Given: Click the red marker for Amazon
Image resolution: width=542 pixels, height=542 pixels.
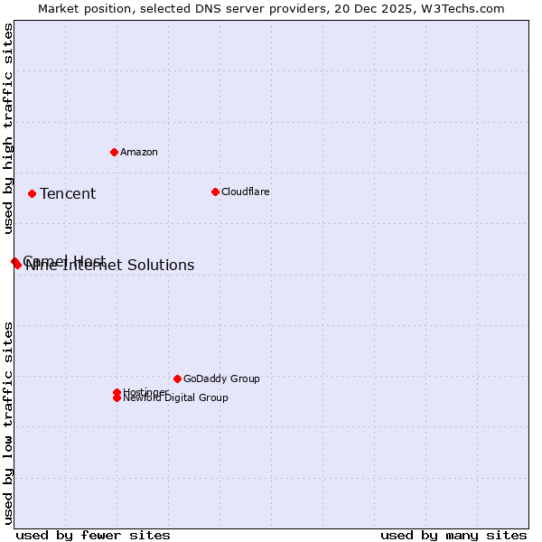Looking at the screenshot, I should point(114,152).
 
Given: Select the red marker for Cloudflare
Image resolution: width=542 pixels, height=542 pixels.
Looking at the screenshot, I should point(215,192).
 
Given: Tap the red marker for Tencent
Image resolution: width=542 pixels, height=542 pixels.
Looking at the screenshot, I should point(32,193).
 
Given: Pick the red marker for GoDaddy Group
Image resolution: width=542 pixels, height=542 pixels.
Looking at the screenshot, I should point(177,378).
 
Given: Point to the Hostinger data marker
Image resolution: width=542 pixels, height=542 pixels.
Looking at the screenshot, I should point(117,392).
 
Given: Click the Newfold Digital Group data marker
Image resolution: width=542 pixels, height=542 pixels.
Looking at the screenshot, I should point(117,397).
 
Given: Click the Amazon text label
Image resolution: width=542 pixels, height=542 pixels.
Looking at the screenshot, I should point(139,152).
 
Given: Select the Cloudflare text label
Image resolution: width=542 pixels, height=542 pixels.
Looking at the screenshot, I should point(246,192).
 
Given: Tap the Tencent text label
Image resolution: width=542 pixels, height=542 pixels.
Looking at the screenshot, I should point(68,193).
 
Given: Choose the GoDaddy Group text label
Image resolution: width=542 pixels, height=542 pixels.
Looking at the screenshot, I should point(221,378).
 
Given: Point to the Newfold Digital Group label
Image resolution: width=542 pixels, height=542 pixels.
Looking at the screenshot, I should point(176,398).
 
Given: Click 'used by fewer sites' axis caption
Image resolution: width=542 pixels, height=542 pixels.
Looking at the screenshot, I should point(93,535).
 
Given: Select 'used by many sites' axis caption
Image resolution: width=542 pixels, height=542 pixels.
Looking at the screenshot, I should point(453,535).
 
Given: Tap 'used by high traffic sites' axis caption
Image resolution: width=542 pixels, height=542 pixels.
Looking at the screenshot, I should point(8,129).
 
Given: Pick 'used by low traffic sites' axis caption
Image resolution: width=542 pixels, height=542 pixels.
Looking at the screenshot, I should point(8,422).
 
